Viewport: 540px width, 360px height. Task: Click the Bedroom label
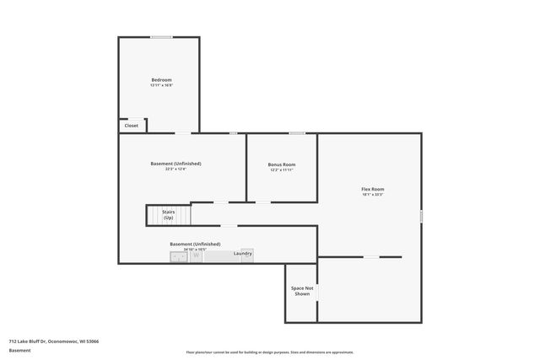pos(160,79)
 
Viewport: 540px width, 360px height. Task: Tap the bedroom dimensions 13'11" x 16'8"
pos(160,85)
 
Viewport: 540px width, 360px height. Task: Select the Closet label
pos(131,126)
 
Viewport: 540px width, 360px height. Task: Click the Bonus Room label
pos(282,164)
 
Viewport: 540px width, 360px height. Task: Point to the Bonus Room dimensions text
pos(282,170)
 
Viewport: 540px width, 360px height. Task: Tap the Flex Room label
pos(372,189)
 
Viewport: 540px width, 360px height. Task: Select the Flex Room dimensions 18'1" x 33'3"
pos(372,195)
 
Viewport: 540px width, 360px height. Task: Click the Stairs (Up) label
pos(169,216)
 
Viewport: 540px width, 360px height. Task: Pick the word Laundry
pos(243,253)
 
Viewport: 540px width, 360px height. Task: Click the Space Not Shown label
pos(302,292)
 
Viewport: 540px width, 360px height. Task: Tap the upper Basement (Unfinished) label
pos(175,164)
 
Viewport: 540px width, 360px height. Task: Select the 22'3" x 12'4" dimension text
pos(175,169)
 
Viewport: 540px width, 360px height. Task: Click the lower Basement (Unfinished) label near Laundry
pos(195,244)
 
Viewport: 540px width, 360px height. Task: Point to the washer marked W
pos(197,255)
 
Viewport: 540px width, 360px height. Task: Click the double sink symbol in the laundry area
pos(179,256)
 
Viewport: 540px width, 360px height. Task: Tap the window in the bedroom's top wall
pos(161,36)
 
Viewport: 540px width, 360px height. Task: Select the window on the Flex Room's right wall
pos(421,216)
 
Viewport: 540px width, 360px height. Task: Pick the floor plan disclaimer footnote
pos(270,352)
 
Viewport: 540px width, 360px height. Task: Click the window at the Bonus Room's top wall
pos(297,133)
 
